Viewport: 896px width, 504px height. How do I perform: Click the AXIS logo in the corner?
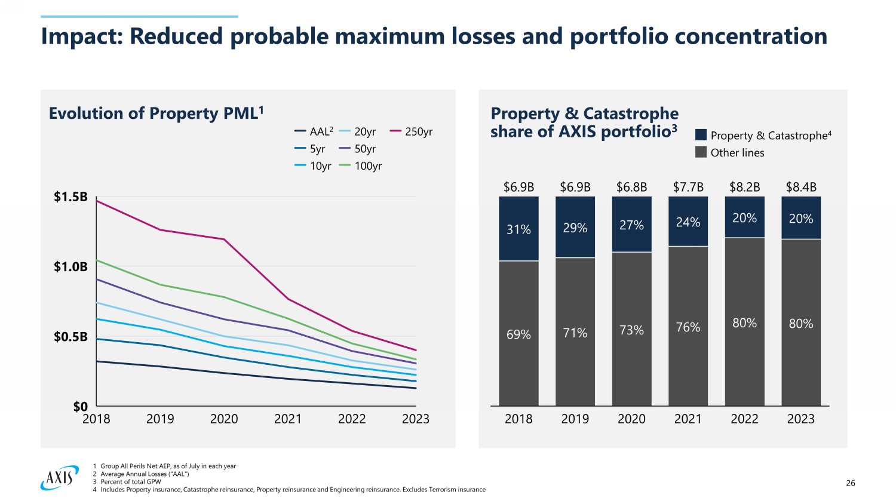(59, 478)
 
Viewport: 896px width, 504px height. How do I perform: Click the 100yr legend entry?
(361, 166)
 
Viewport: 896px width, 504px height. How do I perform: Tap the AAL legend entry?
(314, 132)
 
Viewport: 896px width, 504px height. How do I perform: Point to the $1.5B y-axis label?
(70, 197)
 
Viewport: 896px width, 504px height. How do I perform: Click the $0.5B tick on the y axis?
(70, 337)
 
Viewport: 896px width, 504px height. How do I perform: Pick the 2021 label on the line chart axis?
(288, 419)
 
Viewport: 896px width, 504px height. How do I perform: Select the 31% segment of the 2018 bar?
(518, 229)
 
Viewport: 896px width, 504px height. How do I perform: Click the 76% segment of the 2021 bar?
(688, 327)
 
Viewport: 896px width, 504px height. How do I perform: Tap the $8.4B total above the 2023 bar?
(801, 187)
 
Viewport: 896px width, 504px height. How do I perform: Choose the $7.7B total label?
(688, 187)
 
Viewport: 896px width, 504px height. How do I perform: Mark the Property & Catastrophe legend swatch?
(701, 135)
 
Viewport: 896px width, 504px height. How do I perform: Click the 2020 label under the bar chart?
(631, 419)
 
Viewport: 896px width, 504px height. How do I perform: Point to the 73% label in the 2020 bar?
(631, 330)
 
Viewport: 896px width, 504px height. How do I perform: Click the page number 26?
(851, 483)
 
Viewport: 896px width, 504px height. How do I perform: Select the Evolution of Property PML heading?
(156, 113)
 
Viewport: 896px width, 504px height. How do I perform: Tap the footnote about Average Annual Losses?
(145, 474)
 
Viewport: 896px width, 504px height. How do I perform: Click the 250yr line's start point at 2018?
(97, 201)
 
